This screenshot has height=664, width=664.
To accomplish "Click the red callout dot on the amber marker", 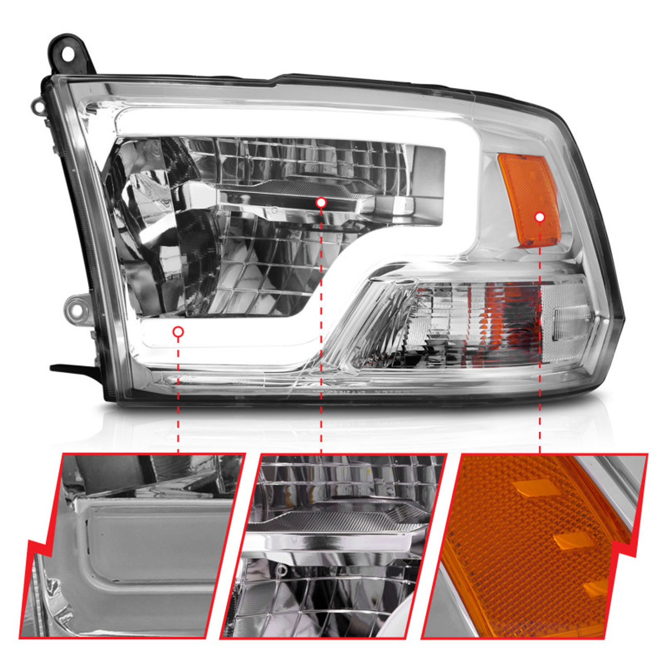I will pyautogui.click(x=540, y=217).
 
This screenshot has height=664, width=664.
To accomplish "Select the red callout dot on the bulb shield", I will pyautogui.click(x=321, y=202).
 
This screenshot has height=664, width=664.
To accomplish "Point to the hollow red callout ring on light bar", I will pyautogui.click(x=178, y=331).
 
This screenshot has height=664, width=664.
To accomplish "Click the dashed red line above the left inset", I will pyautogui.click(x=178, y=394).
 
